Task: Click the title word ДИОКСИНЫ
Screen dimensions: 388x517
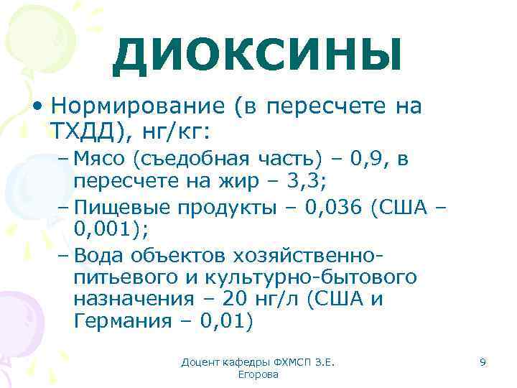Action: pyautogui.click(x=257, y=55)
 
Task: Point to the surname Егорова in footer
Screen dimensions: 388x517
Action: pyautogui.click(x=258, y=375)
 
